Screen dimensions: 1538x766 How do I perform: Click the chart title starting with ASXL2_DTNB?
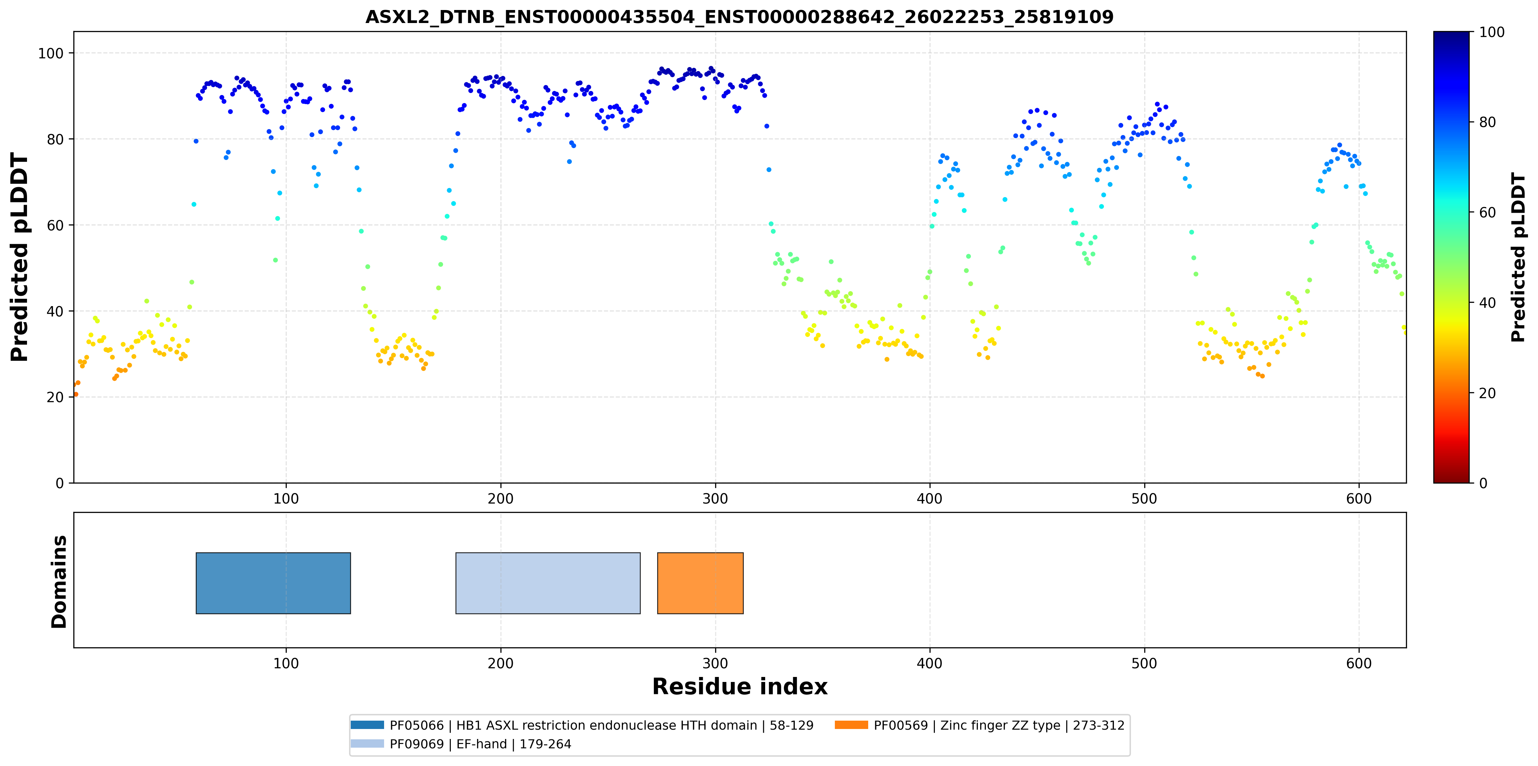pos(739,17)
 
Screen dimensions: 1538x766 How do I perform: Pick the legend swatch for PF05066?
pos(367,725)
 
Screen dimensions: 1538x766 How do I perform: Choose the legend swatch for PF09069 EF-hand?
pos(367,743)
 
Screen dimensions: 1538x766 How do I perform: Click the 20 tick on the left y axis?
pos(55,397)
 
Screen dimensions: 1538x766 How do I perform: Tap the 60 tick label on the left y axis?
pos(55,225)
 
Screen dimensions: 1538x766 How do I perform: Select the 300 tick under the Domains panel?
pos(715,663)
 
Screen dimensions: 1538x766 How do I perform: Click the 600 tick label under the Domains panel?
pos(1359,663)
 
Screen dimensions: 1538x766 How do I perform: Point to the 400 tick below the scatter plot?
pos(930,499)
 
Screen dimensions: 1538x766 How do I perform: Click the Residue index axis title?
pos(740,687)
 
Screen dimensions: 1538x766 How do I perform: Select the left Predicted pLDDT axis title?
pos(20,257)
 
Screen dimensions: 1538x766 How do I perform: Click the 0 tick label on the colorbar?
pos(1483,483)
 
